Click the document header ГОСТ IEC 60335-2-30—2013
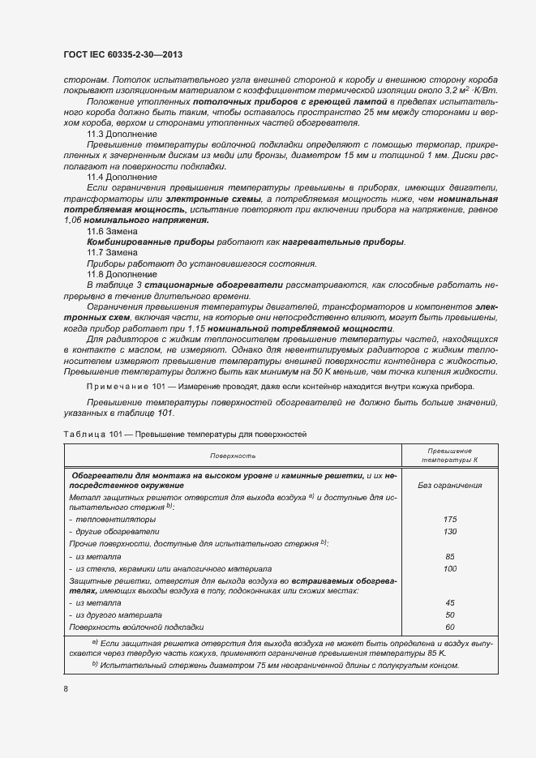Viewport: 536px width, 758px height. tap(122, 54)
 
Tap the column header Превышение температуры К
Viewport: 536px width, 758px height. tap(450, 456)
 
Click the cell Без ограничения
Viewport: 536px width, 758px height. tap(450, 485)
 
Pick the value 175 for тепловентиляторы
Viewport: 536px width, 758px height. tap(450, 519)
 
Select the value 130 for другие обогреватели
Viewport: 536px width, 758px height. tap(450, 531)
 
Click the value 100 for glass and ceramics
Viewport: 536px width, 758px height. tap(450, 568)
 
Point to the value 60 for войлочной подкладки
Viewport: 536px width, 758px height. tap(450, 627)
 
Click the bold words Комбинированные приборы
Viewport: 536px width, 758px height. tap(150, 242)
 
